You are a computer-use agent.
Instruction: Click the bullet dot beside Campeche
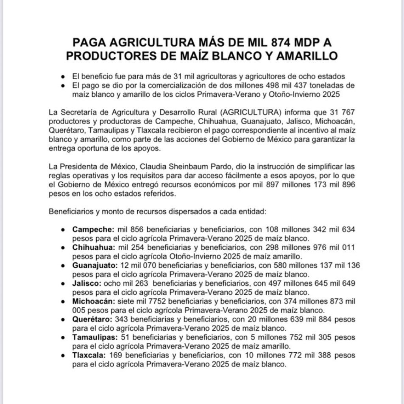64,230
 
